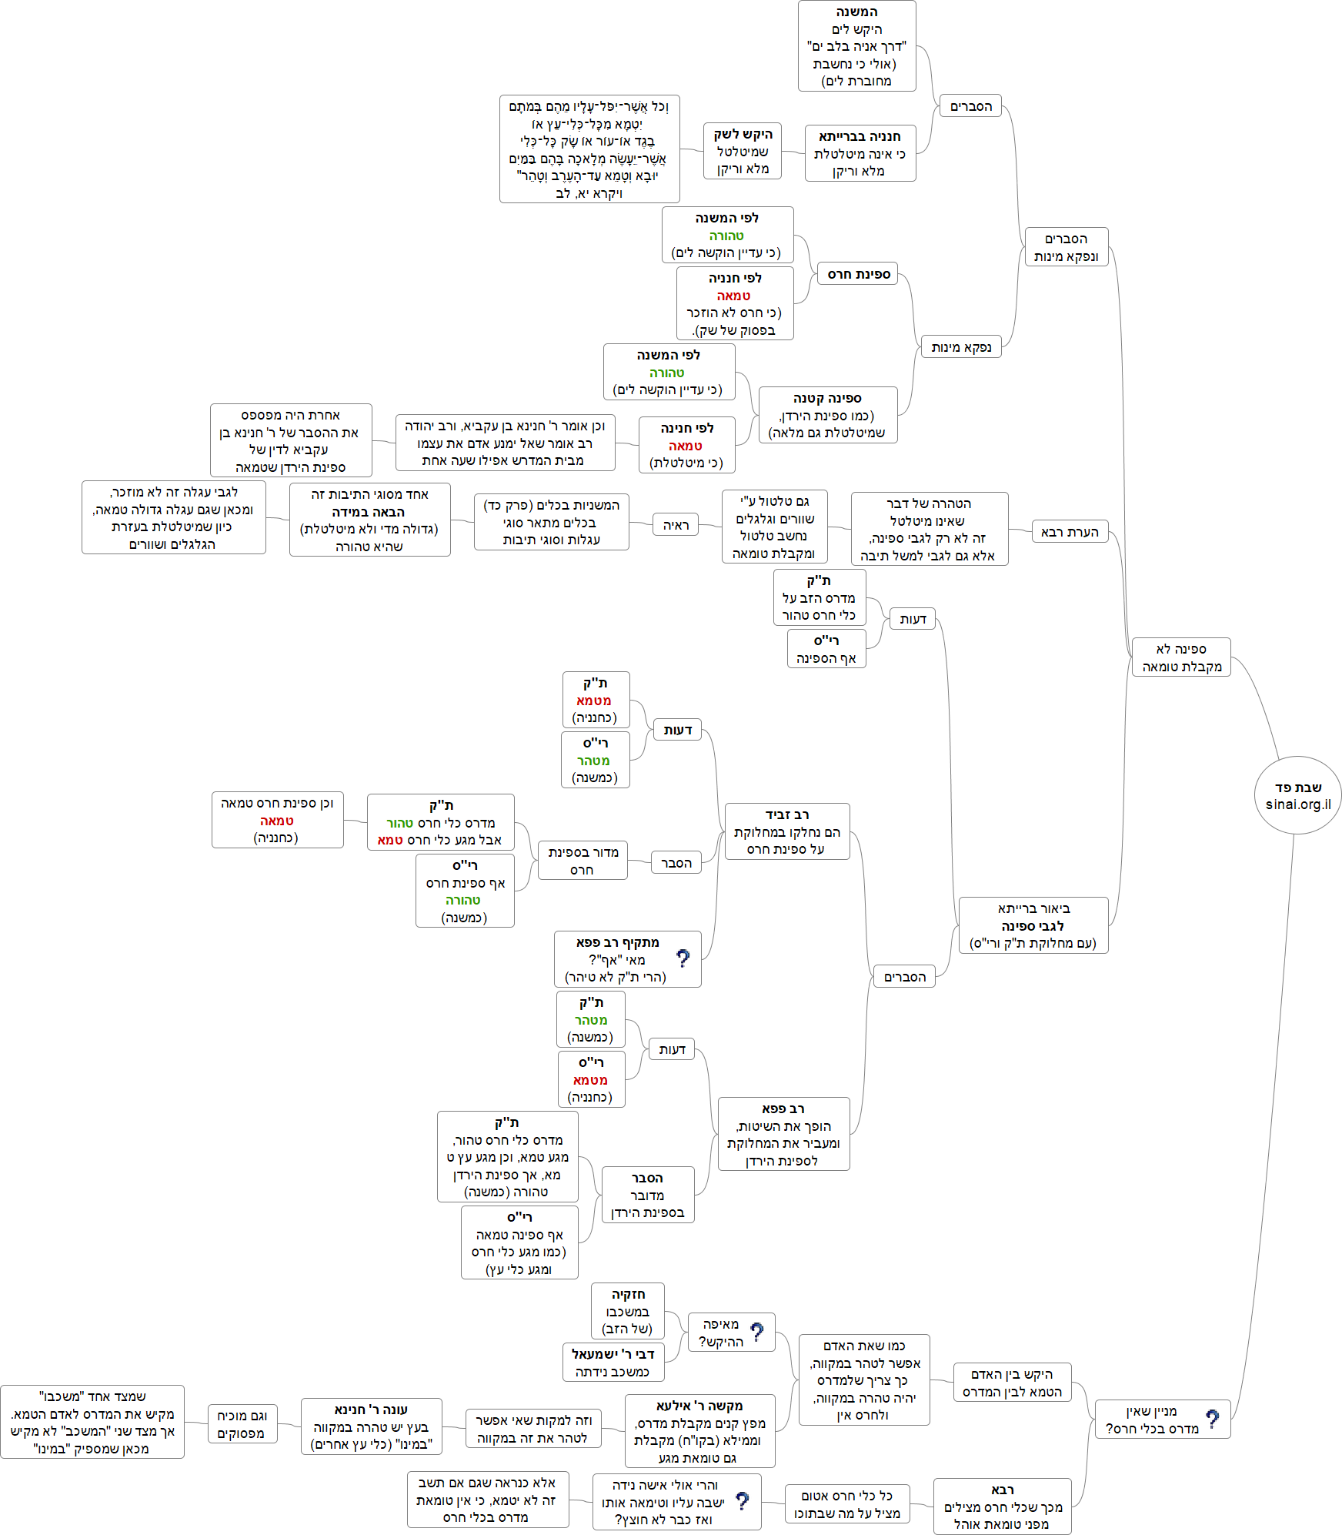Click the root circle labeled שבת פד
coord(1297,794)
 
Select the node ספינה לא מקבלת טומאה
coord(1181,657)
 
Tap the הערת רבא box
coord(1069,532)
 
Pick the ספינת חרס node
coord(858,274)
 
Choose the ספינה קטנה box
coord(827,415)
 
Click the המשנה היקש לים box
coord(856,46)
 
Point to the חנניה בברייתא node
coord(860,153)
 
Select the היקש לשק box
coord(742,151)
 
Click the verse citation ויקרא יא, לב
coord(589,193)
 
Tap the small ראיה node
coord(676,525)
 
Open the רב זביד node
coord(786,831)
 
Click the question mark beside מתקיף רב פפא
coord(683,958)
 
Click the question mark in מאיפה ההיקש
coord(757,1332)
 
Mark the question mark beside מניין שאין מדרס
coord(1212,1419)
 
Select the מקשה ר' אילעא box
coord(699,1431)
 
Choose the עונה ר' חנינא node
coord(371,1426)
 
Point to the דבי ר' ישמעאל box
coord(613,1363)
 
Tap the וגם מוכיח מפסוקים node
coord(242,1424)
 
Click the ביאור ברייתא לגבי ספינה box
coord(1033,925)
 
